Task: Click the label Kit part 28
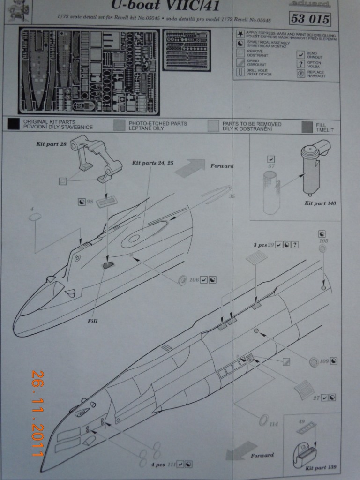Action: (x=51, y=144)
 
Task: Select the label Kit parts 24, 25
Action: (x=153, y=163)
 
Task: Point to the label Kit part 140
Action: (x=320, y=203)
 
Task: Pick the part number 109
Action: (x=323, y=361)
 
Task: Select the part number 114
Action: (x=274, y=424)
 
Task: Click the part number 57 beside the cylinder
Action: (x=270, y=166)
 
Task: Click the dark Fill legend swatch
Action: (x=308, y=126)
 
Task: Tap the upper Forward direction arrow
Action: (x=190, y=167)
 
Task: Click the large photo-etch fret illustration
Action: (x=89, y=71)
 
